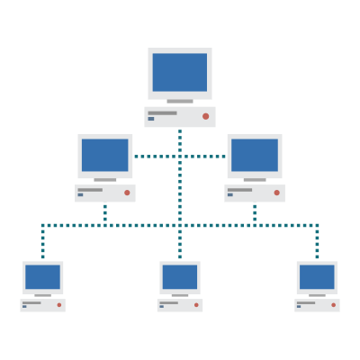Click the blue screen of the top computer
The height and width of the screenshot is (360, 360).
pyautogui.click(x=180, y=72)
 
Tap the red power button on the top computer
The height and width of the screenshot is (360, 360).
pyautogui.click(x=205, y=116)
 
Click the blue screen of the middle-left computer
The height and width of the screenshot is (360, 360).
pyautogui.click(x=105, y=155)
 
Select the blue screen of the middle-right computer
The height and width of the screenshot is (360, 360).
pyautogui.click(x=255, y=155)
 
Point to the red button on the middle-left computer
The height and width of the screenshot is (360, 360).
pyautogui.click(x=127, y=193)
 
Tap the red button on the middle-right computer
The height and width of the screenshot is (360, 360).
pyautogui.click(x=276, y=193)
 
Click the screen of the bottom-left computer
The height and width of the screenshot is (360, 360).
pyautogui.click(x=43, y=276)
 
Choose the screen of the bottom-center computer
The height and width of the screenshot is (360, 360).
pyautogui.click(x=180, y=276)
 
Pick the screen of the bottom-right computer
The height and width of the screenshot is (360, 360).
pyautogui.click(x=317, y=276)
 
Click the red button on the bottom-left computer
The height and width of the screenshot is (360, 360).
pyautogui.click(x=59, y=305)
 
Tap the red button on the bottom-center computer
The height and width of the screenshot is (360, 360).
pyautogui.click(x=196, y=305)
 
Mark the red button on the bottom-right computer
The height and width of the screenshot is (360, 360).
pyautogui.click(x=333, y=305)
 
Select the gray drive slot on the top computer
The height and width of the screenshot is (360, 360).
pyautogui.click(x=162, y=113)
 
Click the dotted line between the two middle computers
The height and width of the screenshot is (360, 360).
pyautogui.click(x=157, y=157)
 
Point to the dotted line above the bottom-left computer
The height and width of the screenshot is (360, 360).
pyautogui.click(x=42, y=243)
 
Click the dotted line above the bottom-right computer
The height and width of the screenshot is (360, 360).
pyautogui.click(x=317, y=243)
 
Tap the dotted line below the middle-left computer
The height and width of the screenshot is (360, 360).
pyautogui.click(x=105, y=213)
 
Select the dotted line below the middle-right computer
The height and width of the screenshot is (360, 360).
pyautogui.click(x=255, y=213)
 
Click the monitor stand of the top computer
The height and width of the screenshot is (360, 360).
pyautogui.click(x=180, y=103)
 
